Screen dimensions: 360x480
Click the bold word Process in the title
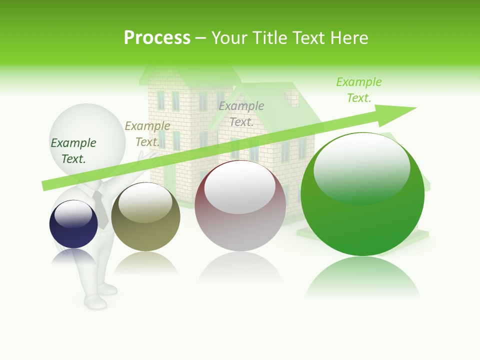click(x=157, y=38)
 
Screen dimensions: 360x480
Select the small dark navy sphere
click(x=73, y=224)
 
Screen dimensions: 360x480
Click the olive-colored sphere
click(x=145, y=217)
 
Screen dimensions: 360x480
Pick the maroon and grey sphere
click(x=240, y=206)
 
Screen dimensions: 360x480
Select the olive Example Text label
click(x=147, y=134)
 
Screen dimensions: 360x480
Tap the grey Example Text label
click(x=241, y=114)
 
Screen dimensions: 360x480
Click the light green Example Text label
click(x=359, y=90)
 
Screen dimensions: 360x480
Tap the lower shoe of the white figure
click(x=95, y=301)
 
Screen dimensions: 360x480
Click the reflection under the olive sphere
click(x=145, y=262)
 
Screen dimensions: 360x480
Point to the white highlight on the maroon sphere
click(x=239, y=188)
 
